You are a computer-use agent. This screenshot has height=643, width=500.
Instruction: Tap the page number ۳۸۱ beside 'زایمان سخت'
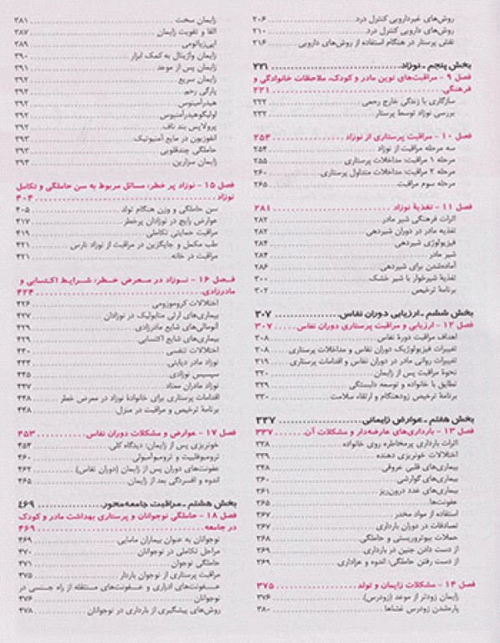(x=23, y=19)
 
